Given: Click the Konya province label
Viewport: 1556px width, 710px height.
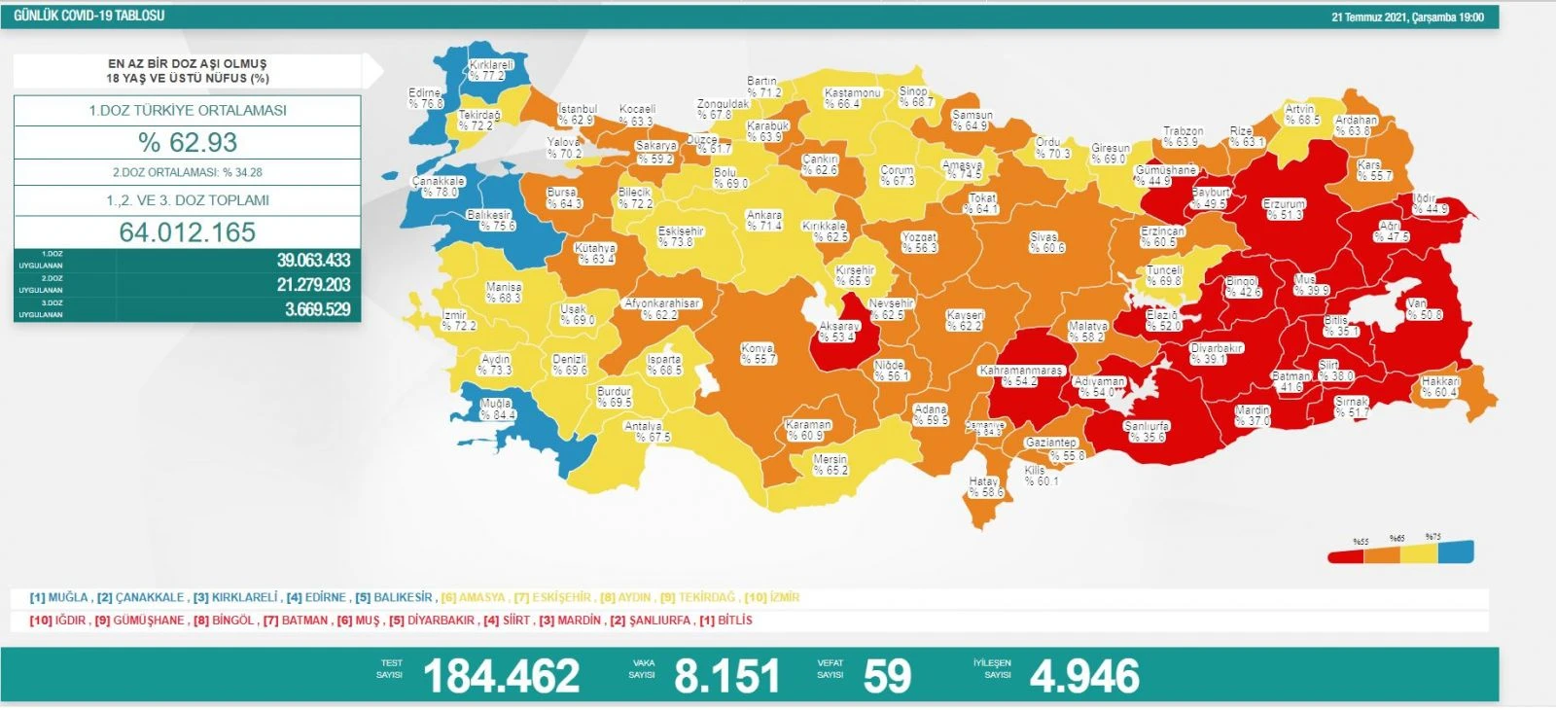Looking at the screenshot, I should [758, 353].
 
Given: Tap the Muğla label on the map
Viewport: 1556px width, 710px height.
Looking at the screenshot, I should [497, 408].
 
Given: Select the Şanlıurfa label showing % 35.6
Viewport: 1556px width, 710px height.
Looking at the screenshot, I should [1146, 431].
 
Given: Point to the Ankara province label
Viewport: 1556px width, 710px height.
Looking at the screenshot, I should [763, 220].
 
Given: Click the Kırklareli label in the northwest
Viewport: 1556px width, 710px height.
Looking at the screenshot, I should [491, 69].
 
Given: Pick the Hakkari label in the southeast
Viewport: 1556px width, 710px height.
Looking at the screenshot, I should [1439, 386].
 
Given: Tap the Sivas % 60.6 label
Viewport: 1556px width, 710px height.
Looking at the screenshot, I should [1046, 242].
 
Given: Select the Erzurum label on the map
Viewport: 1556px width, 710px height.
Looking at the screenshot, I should [1284, 209].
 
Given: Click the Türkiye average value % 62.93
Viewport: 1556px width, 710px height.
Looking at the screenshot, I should [188, 142].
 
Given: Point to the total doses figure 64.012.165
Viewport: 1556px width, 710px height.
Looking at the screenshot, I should [188, 231].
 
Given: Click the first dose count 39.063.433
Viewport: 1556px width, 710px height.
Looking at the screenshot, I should [313, 260].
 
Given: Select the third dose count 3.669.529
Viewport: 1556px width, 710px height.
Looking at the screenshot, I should [317, 309].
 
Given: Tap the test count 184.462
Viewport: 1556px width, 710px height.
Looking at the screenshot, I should [501, 676].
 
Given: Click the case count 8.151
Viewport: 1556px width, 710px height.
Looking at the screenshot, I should [726, 676].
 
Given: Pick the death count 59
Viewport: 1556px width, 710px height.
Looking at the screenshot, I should [886, 676].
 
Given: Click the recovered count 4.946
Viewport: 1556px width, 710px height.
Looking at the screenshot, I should [1083, 676].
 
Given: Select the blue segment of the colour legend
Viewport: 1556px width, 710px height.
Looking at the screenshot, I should [1456, 552].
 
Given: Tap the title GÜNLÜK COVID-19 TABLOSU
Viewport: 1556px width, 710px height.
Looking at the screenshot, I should [89, 16].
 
